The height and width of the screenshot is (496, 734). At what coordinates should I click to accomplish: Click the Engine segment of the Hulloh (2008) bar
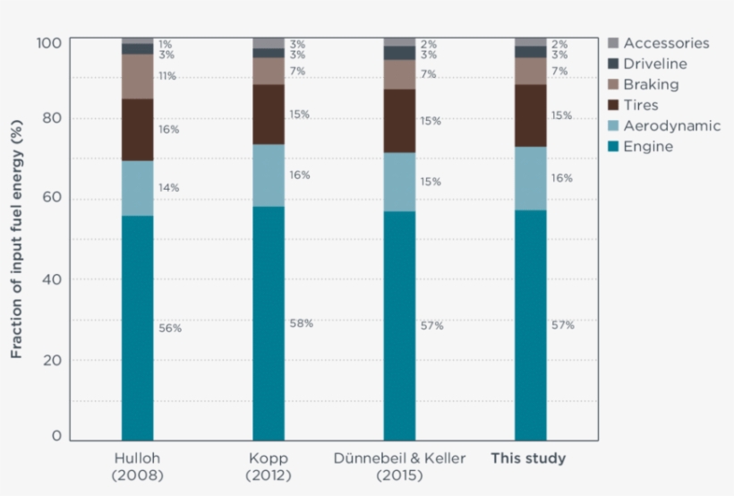tap(137, 327)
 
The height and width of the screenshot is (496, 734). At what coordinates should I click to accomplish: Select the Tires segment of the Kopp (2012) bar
tap(268, 114)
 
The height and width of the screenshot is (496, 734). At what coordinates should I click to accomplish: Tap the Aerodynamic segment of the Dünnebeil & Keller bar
tap(399, 182)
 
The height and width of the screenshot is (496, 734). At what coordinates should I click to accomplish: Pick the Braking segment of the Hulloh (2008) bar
tap(137, 76)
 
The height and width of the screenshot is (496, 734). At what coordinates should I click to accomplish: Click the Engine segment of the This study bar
tap(530, 325)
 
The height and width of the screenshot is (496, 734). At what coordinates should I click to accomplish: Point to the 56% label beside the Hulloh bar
tap(170, 329)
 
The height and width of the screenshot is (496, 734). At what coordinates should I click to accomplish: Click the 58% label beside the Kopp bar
tap(301, 323)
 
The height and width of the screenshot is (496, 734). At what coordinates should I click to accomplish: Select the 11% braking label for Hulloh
tap(167, 77)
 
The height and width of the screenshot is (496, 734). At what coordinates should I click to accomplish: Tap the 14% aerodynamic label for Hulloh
tap(169, 188)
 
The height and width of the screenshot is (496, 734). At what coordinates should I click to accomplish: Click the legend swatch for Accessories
tap(612, 43)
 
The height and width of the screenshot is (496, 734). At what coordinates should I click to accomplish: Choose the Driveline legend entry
tap(654, 64)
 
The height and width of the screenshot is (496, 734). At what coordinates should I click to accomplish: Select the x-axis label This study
tap(528, 458)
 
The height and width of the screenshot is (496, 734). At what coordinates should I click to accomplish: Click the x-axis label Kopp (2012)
tap(268, 466)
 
